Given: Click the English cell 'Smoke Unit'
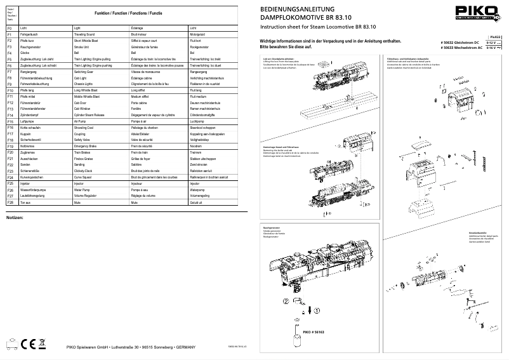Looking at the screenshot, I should coord(84,46).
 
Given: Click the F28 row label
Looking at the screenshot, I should coord(10,202).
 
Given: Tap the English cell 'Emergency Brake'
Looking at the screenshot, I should coord(88,145).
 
